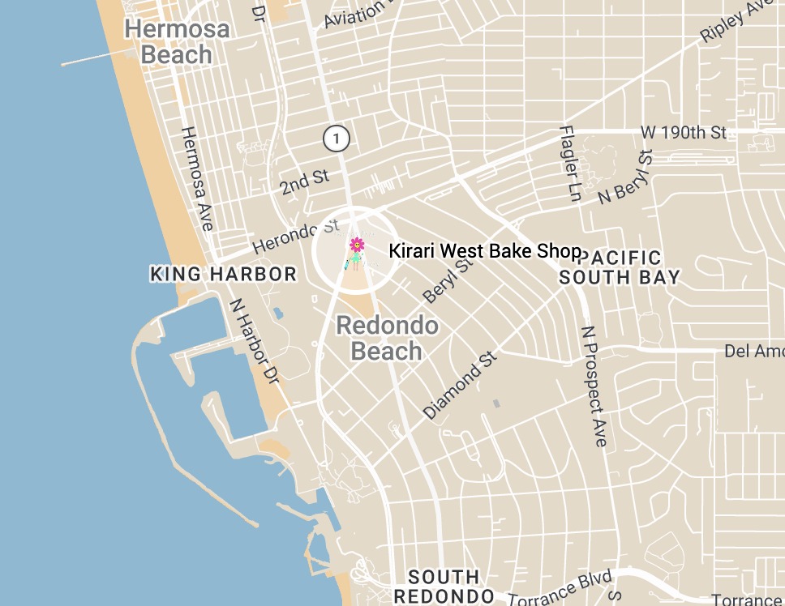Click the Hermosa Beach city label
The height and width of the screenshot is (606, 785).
point(176,42)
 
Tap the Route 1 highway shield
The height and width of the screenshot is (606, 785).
point(336,139)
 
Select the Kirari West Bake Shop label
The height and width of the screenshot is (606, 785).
point(485,251)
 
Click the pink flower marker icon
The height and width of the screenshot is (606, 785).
point(356,245)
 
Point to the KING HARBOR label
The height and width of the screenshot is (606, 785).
point(224,275)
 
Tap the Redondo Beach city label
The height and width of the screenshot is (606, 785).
point(387,339)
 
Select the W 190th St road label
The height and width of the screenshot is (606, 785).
point(684,132)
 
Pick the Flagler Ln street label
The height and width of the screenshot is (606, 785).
point(571,164)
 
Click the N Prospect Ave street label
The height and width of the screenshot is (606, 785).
point(594,386)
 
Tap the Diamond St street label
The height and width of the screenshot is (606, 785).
point(460,385)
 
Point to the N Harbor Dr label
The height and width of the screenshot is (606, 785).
point(254,340)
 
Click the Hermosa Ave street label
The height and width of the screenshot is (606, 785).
point(197,177)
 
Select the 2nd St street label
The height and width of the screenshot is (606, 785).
point(305,182)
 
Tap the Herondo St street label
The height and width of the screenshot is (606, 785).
point(295,236)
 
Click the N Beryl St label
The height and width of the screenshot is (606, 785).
point(625,177)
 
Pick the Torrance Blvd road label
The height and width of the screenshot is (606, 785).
point(560,589)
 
